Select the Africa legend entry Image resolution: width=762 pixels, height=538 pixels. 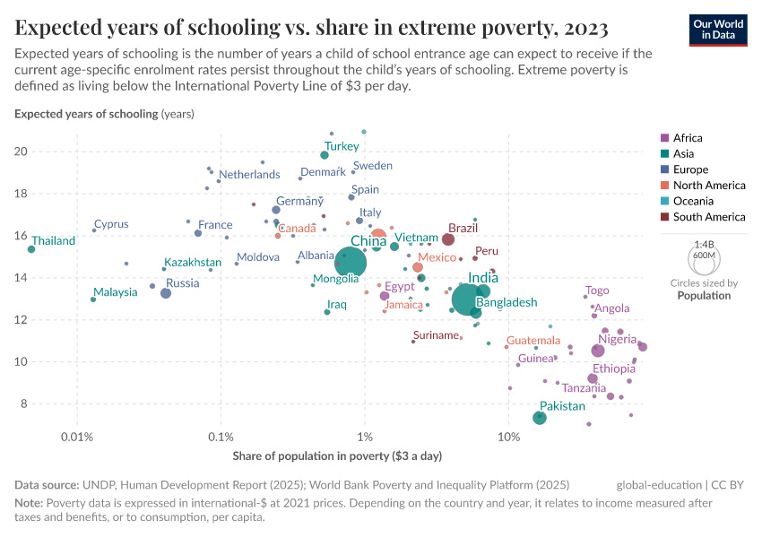[x=688, y=138]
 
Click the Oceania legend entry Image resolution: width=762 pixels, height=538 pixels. [x=693, y=201]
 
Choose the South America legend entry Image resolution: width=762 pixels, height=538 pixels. [x=708, y=217]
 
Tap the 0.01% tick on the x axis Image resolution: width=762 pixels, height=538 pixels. [x=77, y=437]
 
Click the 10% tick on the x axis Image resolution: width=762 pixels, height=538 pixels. [x=508, y=437]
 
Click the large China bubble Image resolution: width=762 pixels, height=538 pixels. [x=351, y=263]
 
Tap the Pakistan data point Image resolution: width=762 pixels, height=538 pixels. [x=540, y=418]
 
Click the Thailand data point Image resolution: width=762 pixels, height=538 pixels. [x=31, y=249]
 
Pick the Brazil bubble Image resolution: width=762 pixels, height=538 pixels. [x=448, y=239]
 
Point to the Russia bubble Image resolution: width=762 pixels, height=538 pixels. [x=166, y=293]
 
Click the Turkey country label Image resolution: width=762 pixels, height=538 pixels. [x=342, y=146]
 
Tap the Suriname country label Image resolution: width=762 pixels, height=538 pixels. [x=437, y=335]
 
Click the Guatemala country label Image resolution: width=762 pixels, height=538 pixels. [x=533, y=342]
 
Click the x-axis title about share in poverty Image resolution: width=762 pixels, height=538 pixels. [x=337, y=456]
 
